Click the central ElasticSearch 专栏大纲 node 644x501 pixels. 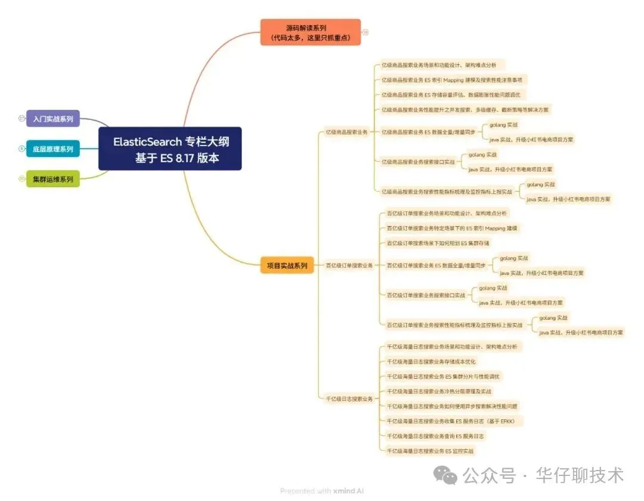[170, 149]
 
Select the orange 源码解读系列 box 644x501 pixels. [310, 32]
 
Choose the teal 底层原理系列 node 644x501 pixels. [53, 149]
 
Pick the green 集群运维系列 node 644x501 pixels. [53, 178]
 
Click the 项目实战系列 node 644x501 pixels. [287, 265]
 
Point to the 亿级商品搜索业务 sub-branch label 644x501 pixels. [346, 132]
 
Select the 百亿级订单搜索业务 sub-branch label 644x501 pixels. [349, 265]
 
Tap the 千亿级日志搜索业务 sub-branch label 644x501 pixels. [349, 398]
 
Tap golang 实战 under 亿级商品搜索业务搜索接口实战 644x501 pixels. [483, 154]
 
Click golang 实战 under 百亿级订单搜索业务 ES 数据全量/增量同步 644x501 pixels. [514, 258]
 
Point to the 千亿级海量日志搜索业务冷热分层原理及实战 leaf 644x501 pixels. [439, 391]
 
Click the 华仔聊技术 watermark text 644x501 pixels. [580, 475]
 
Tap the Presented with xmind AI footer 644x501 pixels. [322, 491]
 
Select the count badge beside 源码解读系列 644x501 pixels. [366, 32]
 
